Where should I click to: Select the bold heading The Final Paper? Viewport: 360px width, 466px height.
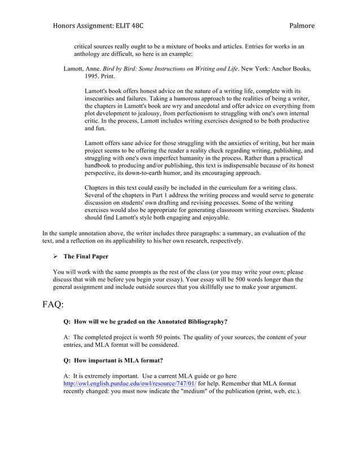coord(86,257)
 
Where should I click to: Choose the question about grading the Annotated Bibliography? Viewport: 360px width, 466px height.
coord(146,322)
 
